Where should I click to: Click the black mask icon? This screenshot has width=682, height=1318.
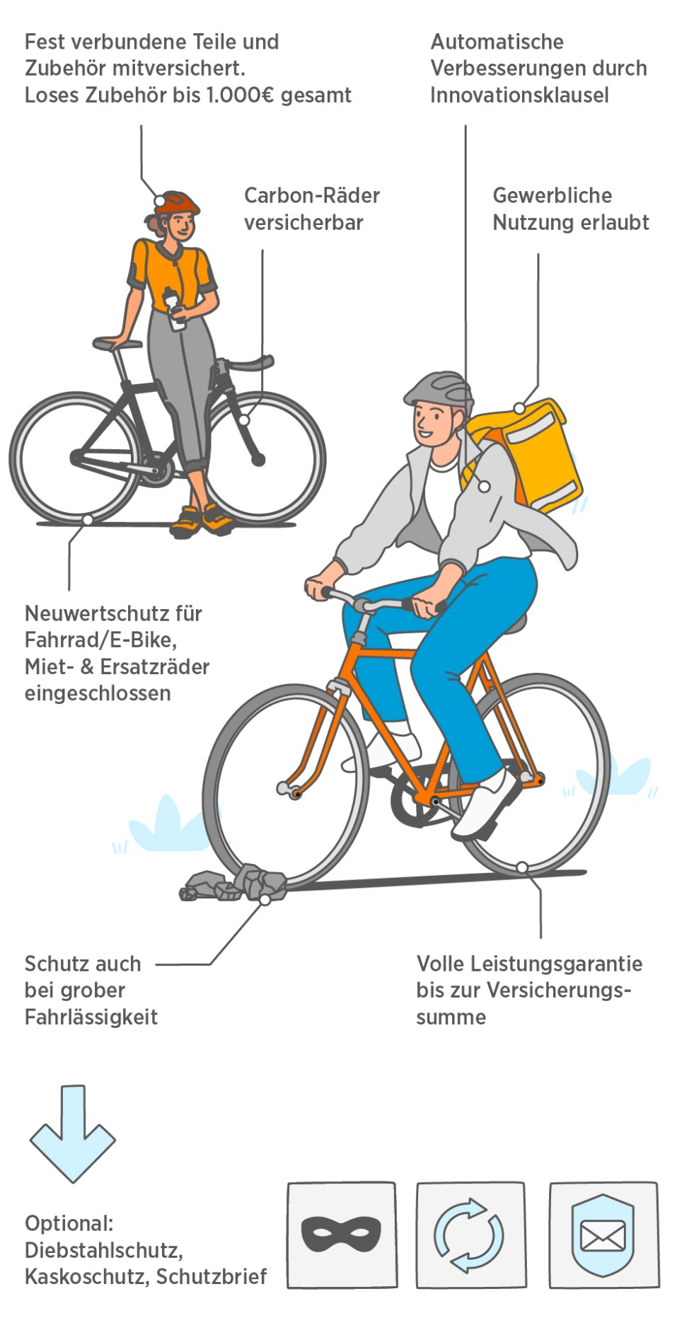(341, 1234)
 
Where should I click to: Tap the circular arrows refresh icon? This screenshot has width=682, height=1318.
(469, 1235)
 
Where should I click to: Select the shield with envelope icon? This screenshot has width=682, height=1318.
(603, 1235)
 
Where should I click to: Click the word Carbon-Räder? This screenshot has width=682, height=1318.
(312, 196)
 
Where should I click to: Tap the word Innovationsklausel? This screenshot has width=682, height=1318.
(519, 96)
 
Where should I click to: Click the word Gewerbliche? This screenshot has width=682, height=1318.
(552, 196)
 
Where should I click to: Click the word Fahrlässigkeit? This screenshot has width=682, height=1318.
(91, 1017)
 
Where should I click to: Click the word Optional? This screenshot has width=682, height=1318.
(69, 1223)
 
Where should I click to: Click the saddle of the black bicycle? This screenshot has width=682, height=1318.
(117, 344)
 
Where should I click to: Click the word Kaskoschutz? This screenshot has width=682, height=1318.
(86, 1277)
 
